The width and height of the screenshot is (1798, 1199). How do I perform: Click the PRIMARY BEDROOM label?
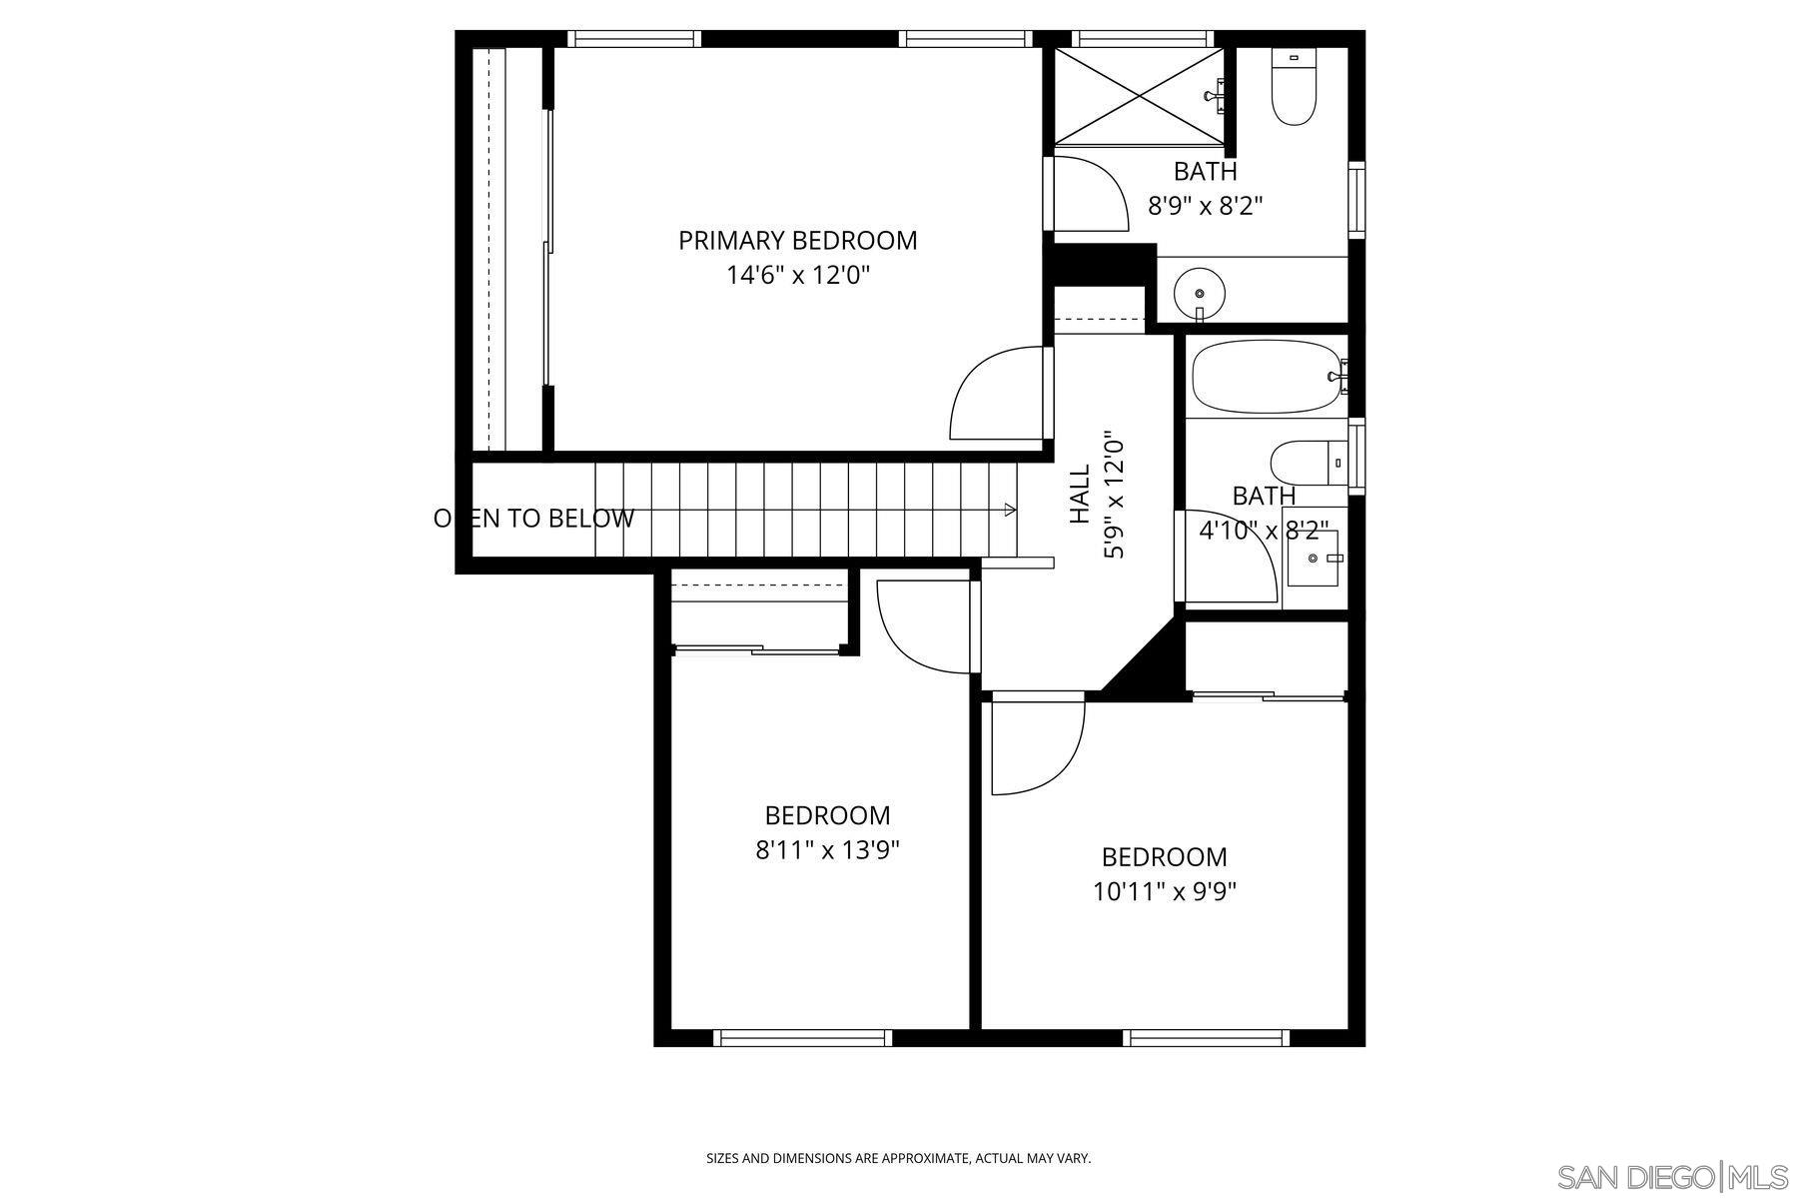(797, 241)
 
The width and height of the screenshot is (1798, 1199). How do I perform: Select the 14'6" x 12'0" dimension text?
(797, 276)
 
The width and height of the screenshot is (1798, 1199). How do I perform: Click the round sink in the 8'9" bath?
(1199, 292)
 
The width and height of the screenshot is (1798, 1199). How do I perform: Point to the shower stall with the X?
(1139, 95)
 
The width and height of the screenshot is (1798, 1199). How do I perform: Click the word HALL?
(1081, 495)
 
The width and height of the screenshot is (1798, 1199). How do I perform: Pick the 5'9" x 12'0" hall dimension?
(1115, 495)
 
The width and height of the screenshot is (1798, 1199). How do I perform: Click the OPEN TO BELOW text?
(533, 519)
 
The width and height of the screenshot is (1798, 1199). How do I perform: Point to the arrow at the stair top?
(1010, 510)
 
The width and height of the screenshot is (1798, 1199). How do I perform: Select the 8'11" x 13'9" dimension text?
(827, 850)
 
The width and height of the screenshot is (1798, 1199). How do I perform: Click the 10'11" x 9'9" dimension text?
(1165, 891)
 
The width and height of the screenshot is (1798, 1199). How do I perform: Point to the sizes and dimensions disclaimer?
(898, 1159)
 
